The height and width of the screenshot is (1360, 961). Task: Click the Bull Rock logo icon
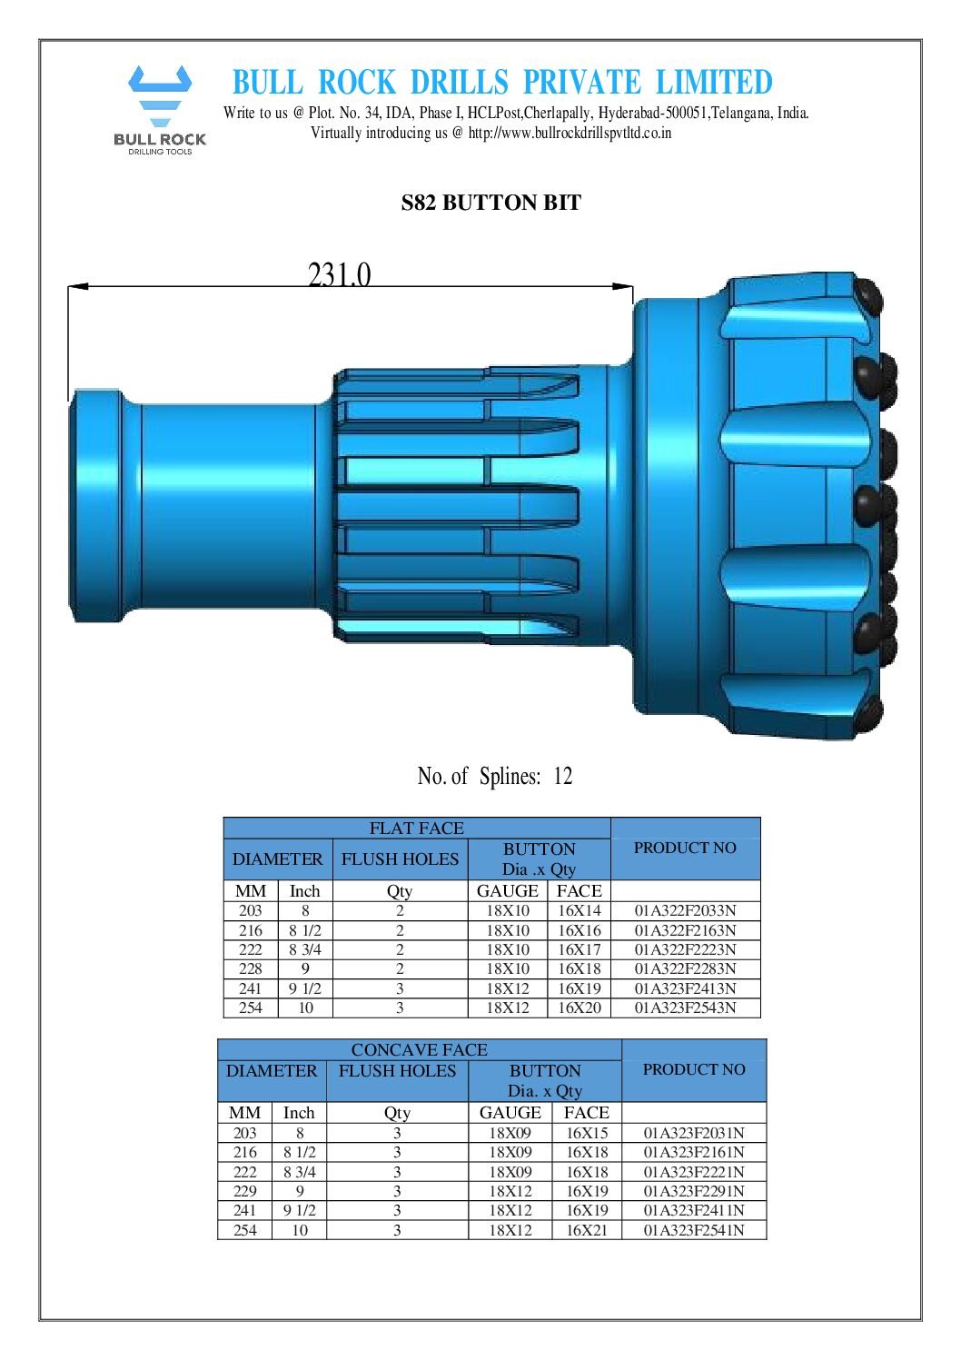coord(160,95)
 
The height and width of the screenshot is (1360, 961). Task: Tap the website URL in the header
coord(570,133)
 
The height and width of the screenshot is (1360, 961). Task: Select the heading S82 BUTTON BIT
coord(490,203)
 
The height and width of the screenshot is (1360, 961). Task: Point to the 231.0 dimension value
coord(339,274)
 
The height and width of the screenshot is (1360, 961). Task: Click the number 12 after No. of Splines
coord(563,777)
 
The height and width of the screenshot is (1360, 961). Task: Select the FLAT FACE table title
coord(416,829)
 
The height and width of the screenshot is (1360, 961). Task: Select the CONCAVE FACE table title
coord(419,1050)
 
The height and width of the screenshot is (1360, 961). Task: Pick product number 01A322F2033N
coord(685,911)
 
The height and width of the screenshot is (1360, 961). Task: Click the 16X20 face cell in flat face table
coord(579,1008)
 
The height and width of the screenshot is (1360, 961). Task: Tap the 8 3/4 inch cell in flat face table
coord(305,950)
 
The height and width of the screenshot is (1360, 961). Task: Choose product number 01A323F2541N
coord(694,1231)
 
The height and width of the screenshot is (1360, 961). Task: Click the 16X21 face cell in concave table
coord(586,1231)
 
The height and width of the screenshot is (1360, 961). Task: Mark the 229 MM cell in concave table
coord(245,1192)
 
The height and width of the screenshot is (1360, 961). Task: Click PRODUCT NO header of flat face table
coord(685,849)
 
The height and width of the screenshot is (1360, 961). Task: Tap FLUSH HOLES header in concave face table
coord(397,1071)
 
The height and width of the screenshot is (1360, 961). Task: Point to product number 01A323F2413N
coord(685,989)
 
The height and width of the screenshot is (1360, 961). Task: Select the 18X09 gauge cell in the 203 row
coord(510,1134)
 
